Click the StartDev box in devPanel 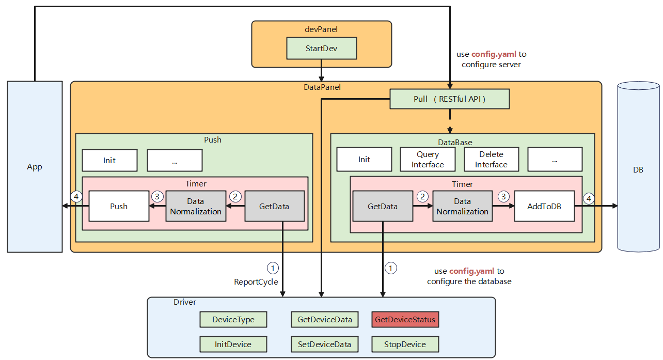[321, 49]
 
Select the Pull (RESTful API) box [449, 99]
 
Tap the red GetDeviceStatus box [405, 320]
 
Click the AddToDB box [544, 206]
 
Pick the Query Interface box [428, 160]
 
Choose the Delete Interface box [491, 160]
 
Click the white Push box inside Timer [118, 206]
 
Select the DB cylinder [638, 169]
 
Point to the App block [35, 167]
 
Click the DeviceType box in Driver [233, 320]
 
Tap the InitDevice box [233, 344]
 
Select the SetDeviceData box [324, 344]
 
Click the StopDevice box [405, 344]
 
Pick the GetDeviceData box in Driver [324, 320]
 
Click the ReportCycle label [256, 282]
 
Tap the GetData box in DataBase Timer [383, 206]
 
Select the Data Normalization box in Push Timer [196, 206]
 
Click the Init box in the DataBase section [364, 160]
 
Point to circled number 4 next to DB [589, 198]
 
